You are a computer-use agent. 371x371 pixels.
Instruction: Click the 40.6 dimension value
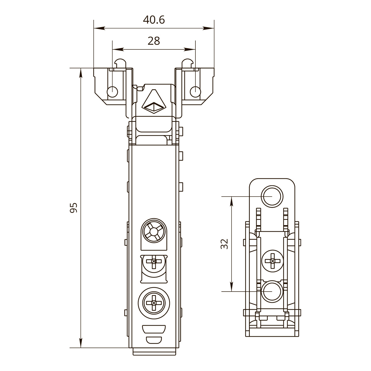(154, 20)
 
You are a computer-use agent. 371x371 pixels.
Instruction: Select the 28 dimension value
(154, 41)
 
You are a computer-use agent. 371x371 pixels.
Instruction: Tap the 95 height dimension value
(73, 208)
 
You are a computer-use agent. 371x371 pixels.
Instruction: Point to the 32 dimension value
(225, 244)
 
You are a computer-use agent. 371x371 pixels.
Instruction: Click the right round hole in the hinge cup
(195, 92)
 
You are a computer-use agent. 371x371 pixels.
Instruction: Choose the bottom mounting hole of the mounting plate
(272, 292)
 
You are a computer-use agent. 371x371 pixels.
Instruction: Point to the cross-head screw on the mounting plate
(272, 260)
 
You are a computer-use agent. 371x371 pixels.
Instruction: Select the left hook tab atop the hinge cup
(120, 63)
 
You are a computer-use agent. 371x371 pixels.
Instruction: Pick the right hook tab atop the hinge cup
(187, 63)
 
